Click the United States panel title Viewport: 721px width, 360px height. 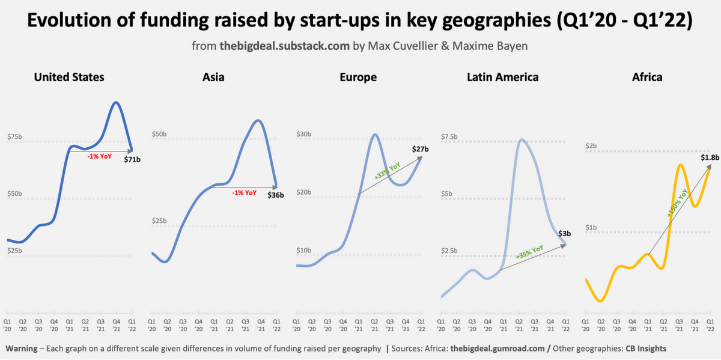pos(69,77)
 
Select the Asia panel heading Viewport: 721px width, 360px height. pos(214,77)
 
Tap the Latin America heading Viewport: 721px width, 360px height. pos(503,77)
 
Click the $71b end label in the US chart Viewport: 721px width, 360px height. pos(132,160)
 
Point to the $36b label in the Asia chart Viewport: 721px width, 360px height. pos(276,194)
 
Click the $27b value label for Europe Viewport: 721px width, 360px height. pos(420,148)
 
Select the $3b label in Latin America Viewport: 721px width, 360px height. pos(564,233)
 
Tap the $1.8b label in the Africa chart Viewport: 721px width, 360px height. pos(709,157)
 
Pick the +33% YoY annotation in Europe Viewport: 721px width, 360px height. pos(387,171)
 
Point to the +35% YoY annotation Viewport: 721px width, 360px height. pos(529,252)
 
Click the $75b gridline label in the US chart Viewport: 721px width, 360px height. pos(14,136)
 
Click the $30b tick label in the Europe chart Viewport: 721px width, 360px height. pos(303,133)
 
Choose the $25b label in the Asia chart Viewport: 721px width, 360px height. pos(159,221)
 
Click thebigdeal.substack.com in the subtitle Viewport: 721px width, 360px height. pos(276,46)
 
